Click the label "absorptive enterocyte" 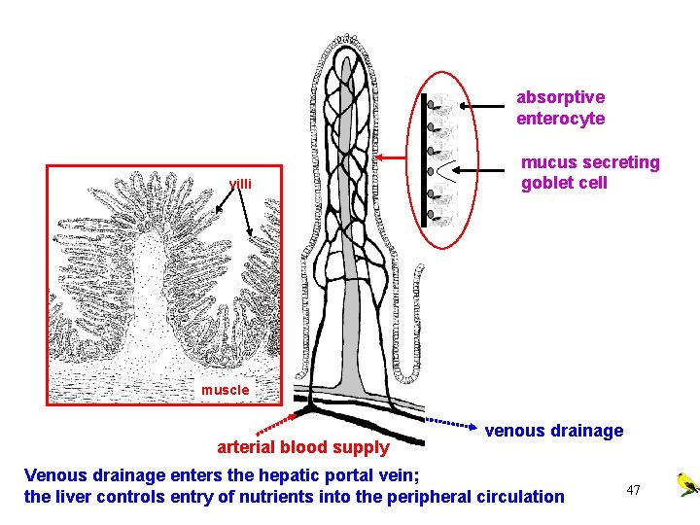click(560, 108)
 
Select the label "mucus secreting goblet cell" click(589, 172)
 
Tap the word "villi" click(240, 184)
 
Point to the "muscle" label click(226, 390)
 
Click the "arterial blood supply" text click(302, 447)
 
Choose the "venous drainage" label click(554, 430)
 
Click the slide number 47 click(633, 490)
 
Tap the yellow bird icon click(686, 483)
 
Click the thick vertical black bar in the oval click(425, 160)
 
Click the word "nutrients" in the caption click(267, 497)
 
